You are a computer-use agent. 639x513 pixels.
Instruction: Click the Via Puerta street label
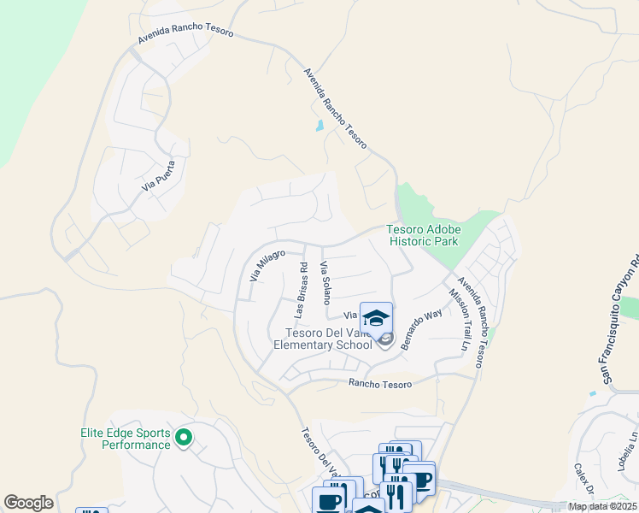coord(165,174)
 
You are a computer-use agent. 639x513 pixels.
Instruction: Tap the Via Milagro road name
coord(267,266)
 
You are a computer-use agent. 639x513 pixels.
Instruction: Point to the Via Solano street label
coord(325,284)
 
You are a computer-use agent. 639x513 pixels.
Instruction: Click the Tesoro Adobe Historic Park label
coord(424,235)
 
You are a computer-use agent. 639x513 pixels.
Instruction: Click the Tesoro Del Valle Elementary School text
coord(323,339)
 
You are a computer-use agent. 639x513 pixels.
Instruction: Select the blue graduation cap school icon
coord(376,317)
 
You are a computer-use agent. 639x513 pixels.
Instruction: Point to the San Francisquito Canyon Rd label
coord(618,321)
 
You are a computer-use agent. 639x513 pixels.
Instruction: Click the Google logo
coord(28,503)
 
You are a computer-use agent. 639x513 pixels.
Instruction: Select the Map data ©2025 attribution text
coord(602,506)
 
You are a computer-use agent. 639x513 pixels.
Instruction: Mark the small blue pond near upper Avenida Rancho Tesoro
coord(319,127)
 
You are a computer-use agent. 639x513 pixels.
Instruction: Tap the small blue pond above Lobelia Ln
coord(592,393)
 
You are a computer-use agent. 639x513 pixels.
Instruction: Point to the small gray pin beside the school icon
coord(385,340)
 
